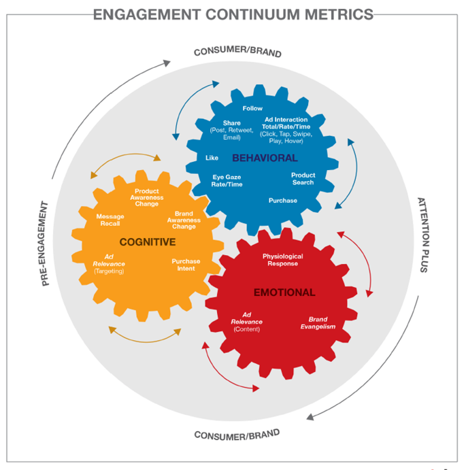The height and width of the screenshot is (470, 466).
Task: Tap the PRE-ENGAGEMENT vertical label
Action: click(x=46, y=243)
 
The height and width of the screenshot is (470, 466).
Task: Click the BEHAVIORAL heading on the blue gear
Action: click(x=265, y=158)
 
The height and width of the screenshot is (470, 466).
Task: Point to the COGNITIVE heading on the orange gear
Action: click(x=148, y=242)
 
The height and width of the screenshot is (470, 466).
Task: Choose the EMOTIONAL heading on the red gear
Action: click(x=284, y=292)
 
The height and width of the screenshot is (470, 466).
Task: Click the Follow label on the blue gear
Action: click(x=252, y=109)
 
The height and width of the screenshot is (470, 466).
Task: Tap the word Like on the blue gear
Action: click(x=212, y=158)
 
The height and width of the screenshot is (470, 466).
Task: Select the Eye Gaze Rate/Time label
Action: click(x=227, y=181)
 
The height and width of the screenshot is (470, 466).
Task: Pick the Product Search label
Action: click(x=303, y=179)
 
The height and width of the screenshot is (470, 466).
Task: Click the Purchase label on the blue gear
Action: click(x=282, y=201)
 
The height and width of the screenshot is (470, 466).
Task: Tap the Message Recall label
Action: click(x=110, y=220)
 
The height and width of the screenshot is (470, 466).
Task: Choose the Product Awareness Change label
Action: click(x=147, y=197)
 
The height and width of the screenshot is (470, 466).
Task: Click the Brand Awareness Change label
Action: click(x=184, y=220)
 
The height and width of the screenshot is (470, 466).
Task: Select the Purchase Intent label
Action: click(x=186, y=265)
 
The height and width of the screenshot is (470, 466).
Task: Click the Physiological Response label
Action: click(x=282, y=260)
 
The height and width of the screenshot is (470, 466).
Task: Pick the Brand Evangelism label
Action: click(x=318, y=323)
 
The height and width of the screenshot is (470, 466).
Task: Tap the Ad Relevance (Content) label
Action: click(x=246, y=322)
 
